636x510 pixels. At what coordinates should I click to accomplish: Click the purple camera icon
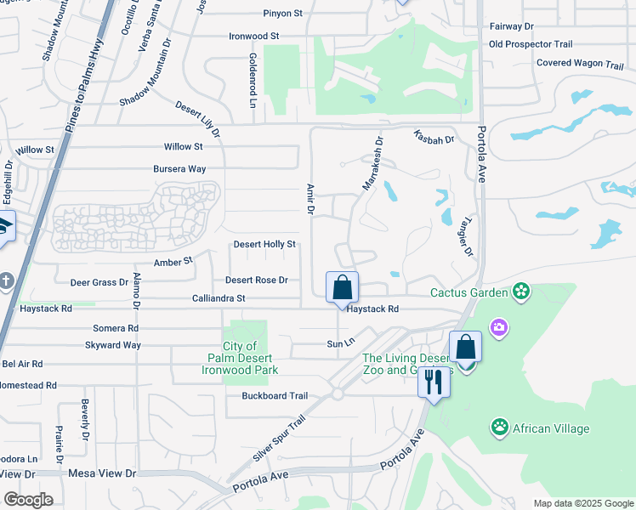tap(499, 327)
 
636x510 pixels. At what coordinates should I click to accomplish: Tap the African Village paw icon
tap(500, 428)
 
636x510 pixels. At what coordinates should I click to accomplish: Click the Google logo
tap(28, 500)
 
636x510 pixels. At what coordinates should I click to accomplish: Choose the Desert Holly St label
tap(264, 245)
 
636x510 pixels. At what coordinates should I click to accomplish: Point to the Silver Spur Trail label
tap(278, 439)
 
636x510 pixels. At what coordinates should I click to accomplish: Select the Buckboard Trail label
tap(274, 395)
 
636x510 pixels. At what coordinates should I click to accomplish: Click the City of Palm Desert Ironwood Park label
tap(240, 358)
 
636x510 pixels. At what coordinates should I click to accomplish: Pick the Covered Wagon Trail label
tap(580, 64)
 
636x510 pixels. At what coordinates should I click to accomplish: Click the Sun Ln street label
tap(339, 343)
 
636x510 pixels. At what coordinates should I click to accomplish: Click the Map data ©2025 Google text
tap(583, 503)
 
